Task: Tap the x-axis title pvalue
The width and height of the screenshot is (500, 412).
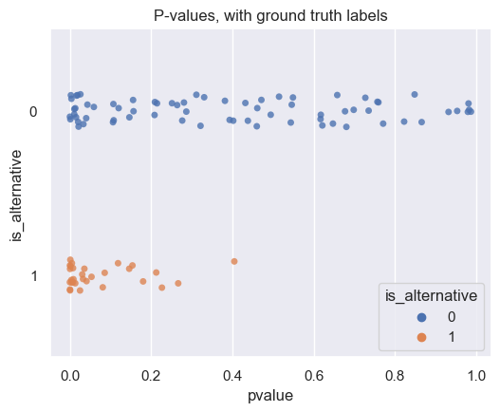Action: tap(271, 396)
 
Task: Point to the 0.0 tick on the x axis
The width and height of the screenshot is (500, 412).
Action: tap(70, 374)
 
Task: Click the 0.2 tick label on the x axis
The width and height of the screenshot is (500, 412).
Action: tap(152, 374)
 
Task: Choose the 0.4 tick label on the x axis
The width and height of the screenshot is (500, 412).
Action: tap(233, 374)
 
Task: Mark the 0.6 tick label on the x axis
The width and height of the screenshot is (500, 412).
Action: tap(314, 374)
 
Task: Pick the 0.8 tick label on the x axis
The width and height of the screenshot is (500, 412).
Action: tap(396, 374)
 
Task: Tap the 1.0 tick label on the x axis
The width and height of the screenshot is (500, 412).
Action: tap(476, 374)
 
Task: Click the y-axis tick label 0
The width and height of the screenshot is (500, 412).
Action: tap(33, 112)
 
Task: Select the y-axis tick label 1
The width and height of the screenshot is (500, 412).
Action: tap(33, 276)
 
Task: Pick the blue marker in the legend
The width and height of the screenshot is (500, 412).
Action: tap(396, 317)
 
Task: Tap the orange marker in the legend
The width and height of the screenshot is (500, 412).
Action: tap(396, 336)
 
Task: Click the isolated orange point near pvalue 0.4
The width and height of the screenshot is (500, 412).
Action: tap(234, 261)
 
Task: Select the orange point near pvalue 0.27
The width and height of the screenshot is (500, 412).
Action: tap(177, 283)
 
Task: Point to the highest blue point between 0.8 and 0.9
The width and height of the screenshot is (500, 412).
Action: tap(415, 94)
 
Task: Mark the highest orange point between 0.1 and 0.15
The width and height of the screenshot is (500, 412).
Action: tap(118, 263)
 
